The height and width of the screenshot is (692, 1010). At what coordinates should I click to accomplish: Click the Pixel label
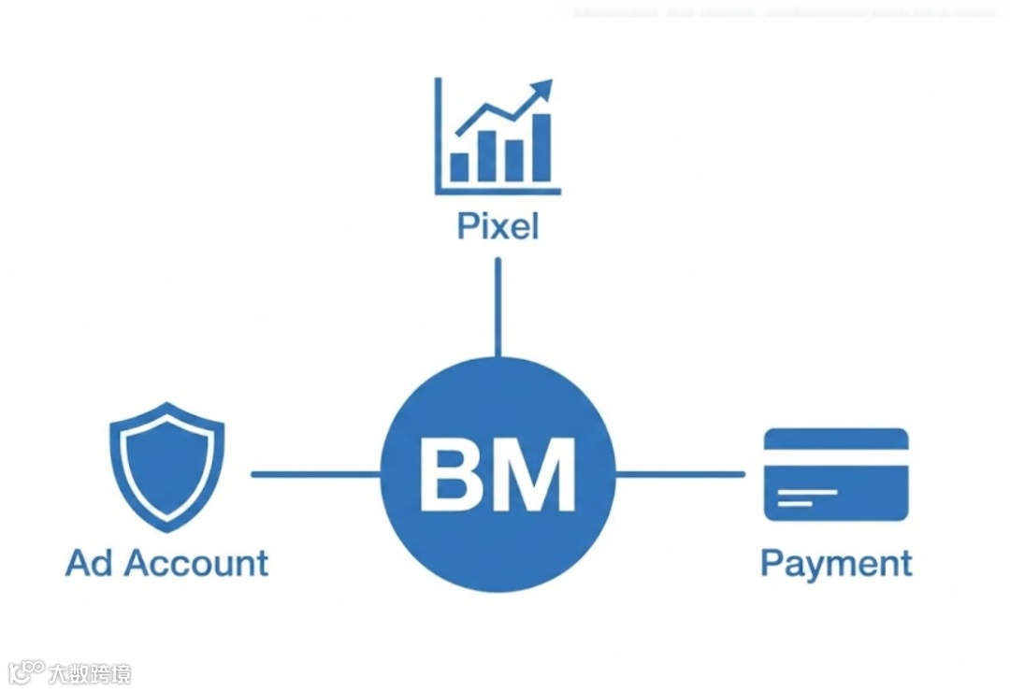click(498, 227)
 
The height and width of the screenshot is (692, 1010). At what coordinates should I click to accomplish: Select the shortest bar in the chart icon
click(459, 166)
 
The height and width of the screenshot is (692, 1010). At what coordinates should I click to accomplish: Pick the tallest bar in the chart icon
click(541, 147)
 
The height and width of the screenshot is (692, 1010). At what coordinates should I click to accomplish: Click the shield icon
click(166, 465)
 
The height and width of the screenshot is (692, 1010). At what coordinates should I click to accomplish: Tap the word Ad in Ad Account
click(90, 563)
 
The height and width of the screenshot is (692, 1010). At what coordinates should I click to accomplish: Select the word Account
click(196, 563)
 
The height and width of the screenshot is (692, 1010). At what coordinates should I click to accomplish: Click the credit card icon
click(836, 473)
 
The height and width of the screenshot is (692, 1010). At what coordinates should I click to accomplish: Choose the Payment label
click(836, 564)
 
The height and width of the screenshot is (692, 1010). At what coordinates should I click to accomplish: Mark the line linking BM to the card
click(680, 474)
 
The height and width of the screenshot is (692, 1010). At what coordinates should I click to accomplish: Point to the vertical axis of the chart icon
click(438, 135)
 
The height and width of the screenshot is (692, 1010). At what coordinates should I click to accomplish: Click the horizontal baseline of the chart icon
click(498, 191)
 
